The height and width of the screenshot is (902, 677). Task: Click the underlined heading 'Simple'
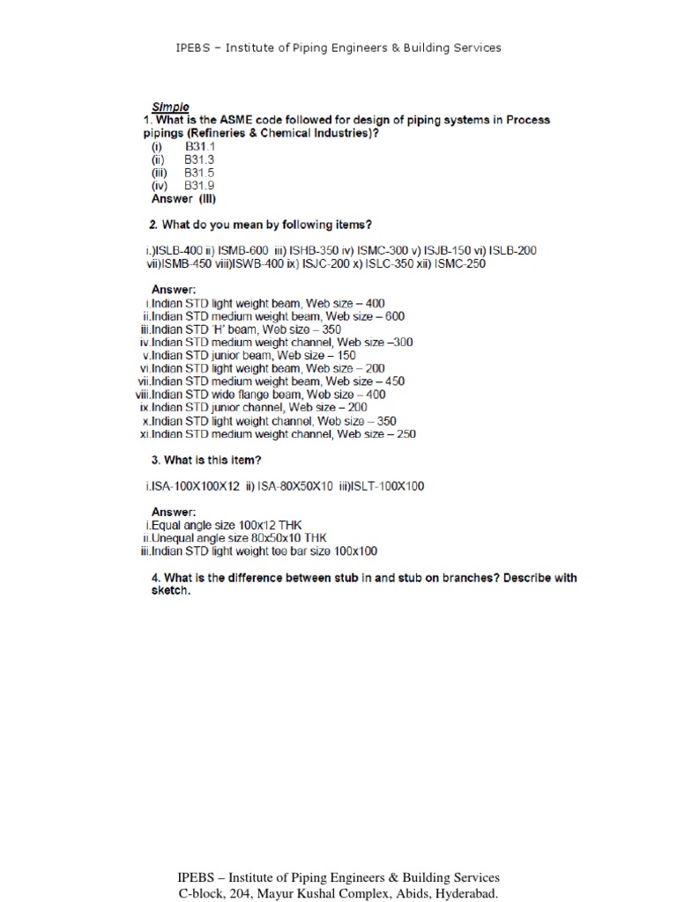(x=170, y=107)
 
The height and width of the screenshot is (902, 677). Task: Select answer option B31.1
(x=199, y=146)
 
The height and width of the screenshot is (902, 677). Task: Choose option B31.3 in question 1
(x=199, y=159)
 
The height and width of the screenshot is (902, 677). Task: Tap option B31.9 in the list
(x=199, y=186)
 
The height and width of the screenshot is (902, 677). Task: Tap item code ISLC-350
(x=387, y=263)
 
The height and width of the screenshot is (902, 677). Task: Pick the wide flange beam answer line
(x=262, y=396)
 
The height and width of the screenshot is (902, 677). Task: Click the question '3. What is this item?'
(x=206, y=460)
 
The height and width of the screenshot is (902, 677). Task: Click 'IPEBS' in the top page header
(x=194, y=48)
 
